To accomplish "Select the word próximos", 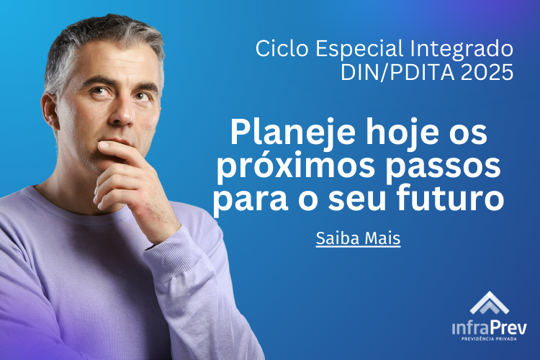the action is pos(296,167).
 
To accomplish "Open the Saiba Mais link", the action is pos(358,238).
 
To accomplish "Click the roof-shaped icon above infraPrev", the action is pos(490,303).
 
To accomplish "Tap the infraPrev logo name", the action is pos(490,328).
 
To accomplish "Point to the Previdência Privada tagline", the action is pos(490,339).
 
